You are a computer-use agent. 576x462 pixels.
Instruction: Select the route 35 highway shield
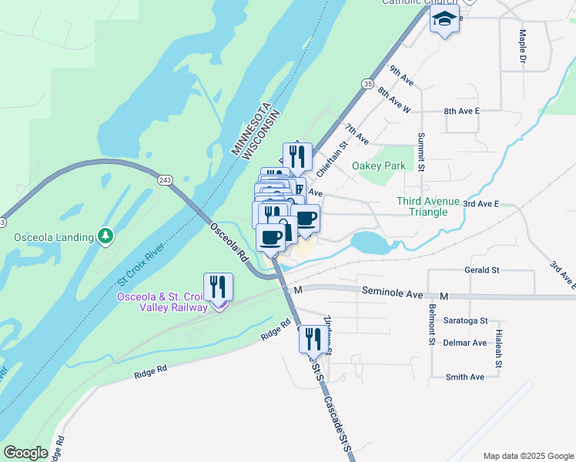tap(367, 83)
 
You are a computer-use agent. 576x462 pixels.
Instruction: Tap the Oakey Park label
tap(378, 166)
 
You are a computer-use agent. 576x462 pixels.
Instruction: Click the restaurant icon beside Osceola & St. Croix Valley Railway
tap(219, 288)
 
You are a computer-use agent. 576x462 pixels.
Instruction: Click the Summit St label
tap(421, 151)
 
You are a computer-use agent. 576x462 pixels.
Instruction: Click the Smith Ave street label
tap(465, 377)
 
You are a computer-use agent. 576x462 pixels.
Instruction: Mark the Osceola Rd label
tap(229, 243)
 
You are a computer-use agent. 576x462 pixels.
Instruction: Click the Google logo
tap(25, 452)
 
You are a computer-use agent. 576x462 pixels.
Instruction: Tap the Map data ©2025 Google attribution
tap(527, 456)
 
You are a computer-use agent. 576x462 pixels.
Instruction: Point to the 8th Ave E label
tap(461, 112)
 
